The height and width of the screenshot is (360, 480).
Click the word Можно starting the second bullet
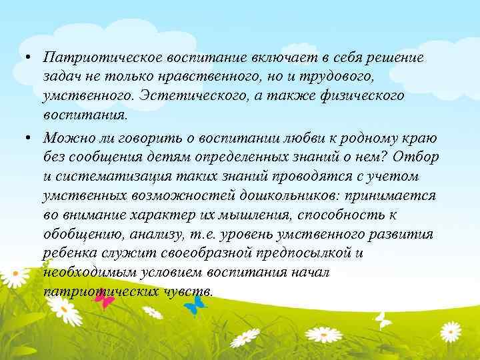tap(62, 138)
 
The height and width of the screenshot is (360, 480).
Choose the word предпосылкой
tap(303, 254)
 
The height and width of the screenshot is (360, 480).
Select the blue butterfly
tap(195, 305)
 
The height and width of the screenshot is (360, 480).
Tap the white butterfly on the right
tap(383, 320)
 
